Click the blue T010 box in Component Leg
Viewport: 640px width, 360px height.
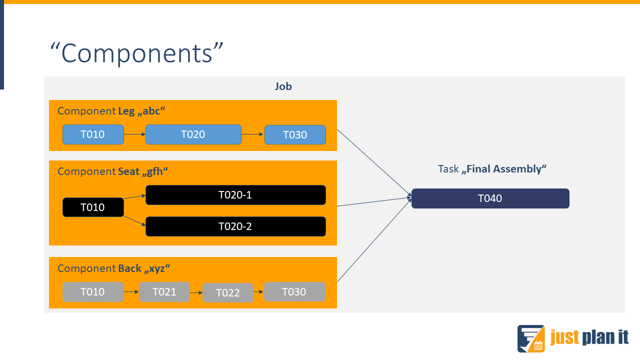[93, 134]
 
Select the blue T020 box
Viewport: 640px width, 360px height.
[193, 134]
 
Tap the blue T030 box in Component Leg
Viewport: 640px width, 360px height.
[295, 134]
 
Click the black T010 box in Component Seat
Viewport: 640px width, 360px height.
[93, 207]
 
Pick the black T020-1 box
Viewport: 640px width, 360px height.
[235, 195]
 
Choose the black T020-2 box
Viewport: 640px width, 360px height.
[235, 226]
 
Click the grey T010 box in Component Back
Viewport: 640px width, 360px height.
[93, 292]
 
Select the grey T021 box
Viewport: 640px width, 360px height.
[164, 292]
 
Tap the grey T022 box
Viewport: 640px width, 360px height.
[228, 293]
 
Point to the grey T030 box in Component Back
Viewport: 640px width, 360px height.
[295, 292]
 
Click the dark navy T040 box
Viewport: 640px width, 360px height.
[490, 198]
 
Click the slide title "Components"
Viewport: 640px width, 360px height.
[137, 53]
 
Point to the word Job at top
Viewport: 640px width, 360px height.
[283, 87]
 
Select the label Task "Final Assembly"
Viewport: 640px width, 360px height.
[492, 169]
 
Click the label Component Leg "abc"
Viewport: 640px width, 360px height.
[111, 111]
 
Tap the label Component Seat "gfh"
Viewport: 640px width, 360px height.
[112, 171]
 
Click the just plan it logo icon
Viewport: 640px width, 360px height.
[531, 338]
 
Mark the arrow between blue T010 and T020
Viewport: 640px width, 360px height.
[135, 134]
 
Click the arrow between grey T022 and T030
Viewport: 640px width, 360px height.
[259, 292]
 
